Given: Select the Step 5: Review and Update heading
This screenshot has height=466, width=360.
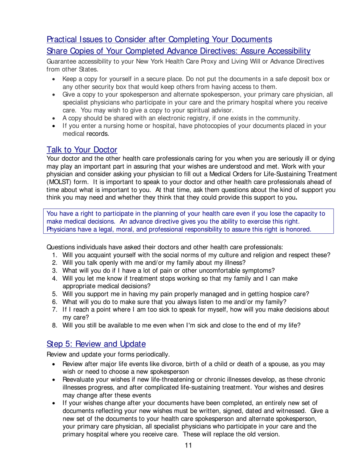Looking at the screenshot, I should [96, 344].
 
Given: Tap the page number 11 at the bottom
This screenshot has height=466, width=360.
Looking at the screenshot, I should [188, 446].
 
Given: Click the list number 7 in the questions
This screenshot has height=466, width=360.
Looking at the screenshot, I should [54, 310].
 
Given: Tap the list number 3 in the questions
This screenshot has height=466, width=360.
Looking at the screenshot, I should [54, 270].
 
